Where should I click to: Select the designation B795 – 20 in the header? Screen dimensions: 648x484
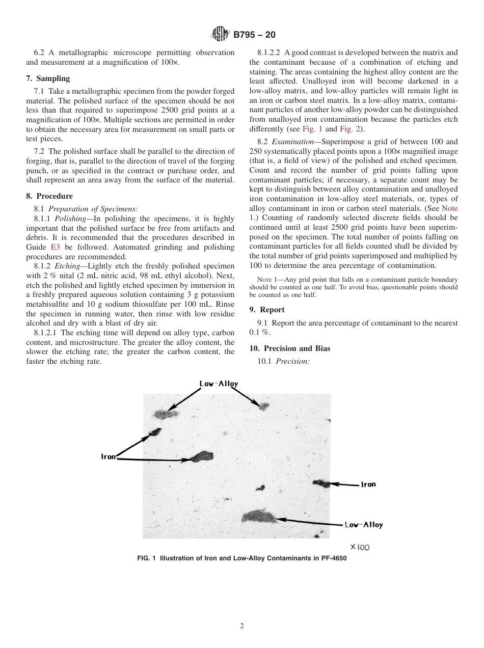coord(254,35)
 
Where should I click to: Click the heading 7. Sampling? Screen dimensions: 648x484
coord(48,78)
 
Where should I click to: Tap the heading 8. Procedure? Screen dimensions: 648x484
coord(49,196)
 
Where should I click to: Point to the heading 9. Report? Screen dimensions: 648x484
coord(267,310)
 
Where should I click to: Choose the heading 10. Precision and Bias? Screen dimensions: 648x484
coord(290,348)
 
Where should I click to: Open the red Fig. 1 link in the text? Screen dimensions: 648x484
coord(313,129)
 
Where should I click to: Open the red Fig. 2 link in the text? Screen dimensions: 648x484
coord(349,129)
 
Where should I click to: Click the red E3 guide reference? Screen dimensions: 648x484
coord(55,247)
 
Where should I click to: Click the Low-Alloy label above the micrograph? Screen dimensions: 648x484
coord(218,384)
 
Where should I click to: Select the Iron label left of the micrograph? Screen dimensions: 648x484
coord(109,457)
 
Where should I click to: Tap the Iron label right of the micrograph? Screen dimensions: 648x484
coord(368,484)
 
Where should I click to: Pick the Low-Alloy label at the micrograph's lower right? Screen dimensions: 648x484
coord(363,525)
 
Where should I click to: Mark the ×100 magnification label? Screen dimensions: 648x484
coord(360,547)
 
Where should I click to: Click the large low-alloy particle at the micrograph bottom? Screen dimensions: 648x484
coord(259,518)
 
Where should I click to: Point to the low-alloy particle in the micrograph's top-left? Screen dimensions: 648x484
coord(166,414)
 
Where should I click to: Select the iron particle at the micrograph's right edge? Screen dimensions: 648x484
coord(321,483)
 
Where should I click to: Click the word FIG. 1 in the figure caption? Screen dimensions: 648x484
coord(146,558)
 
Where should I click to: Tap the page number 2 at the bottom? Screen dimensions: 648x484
coord(242,626)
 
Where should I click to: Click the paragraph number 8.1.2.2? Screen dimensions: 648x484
coord(270,52)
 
